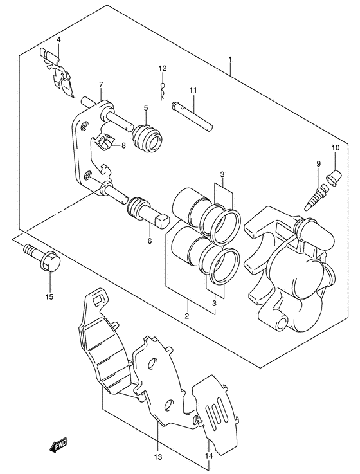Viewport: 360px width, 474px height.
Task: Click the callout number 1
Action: [230, 59]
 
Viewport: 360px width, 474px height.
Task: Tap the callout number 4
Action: [59, 40]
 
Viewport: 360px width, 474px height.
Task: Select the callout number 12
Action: [163, 68]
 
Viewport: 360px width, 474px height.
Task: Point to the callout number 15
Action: [50, 296]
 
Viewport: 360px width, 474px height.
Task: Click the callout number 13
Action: [158, 457]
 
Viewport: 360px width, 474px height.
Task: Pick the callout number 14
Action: [209, 456]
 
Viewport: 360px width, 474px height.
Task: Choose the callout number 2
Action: [187, 316]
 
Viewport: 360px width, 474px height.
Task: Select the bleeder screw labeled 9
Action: [316, 197]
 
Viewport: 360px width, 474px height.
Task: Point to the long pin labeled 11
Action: [192, 116]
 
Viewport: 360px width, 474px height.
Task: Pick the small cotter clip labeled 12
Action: [163, 91]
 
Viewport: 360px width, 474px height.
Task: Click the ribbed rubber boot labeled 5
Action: [147, 137]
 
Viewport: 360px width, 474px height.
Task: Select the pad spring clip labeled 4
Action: [57, 73]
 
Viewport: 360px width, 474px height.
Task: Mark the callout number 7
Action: [101, 84]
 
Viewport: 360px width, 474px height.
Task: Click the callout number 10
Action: [336, 148]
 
